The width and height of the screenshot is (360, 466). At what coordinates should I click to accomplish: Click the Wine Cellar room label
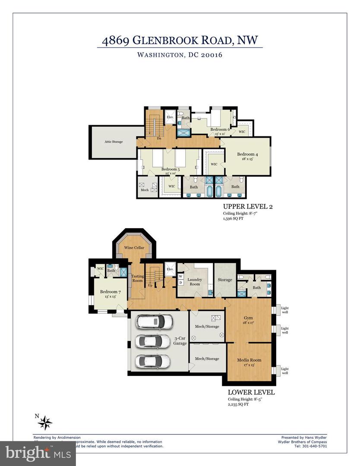coord(134,248)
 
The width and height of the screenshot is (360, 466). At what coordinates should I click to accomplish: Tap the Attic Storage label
coord(105,141)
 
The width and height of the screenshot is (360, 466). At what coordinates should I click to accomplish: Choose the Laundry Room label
coord(195,282)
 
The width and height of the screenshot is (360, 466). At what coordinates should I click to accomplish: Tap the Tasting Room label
coord(137,278)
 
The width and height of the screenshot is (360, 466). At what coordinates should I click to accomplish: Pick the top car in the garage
coord(154,321)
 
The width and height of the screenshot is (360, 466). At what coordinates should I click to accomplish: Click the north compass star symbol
coord(45,422)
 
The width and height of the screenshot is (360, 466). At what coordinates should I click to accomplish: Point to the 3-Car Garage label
coord(180,341)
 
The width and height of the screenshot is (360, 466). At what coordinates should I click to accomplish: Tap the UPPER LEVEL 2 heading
coord(247,207)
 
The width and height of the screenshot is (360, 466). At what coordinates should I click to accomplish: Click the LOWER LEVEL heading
coord(251,393)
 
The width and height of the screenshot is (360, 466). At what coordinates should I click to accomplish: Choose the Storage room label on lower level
coord(225,280)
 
